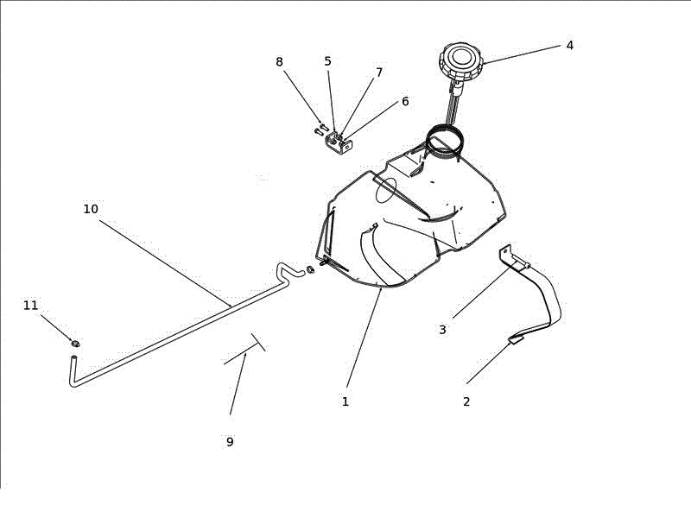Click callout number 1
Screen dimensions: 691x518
pos(345,401)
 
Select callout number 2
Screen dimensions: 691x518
pos(466,401)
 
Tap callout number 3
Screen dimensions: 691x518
pos(442,330)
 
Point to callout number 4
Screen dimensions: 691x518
pos(569,46)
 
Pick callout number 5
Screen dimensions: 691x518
pos(327,61)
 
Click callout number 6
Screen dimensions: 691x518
pos(405,101)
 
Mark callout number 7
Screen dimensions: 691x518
pos(379,73)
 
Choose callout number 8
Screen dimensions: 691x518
pos(279,62)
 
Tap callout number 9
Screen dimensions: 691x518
pos(230,441)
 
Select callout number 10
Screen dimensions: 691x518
pos(91,209)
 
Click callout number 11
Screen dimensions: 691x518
pos(30,306)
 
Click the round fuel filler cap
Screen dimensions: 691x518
pos(461,60)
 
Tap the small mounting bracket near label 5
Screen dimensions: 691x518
pos(339,143)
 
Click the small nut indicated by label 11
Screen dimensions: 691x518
pos(75,343)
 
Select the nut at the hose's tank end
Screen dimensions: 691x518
pos(310,269)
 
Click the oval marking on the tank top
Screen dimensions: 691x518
pos(386,190)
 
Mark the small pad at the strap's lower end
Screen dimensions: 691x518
pos(516,339)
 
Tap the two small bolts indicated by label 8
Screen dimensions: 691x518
pos(321,129)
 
